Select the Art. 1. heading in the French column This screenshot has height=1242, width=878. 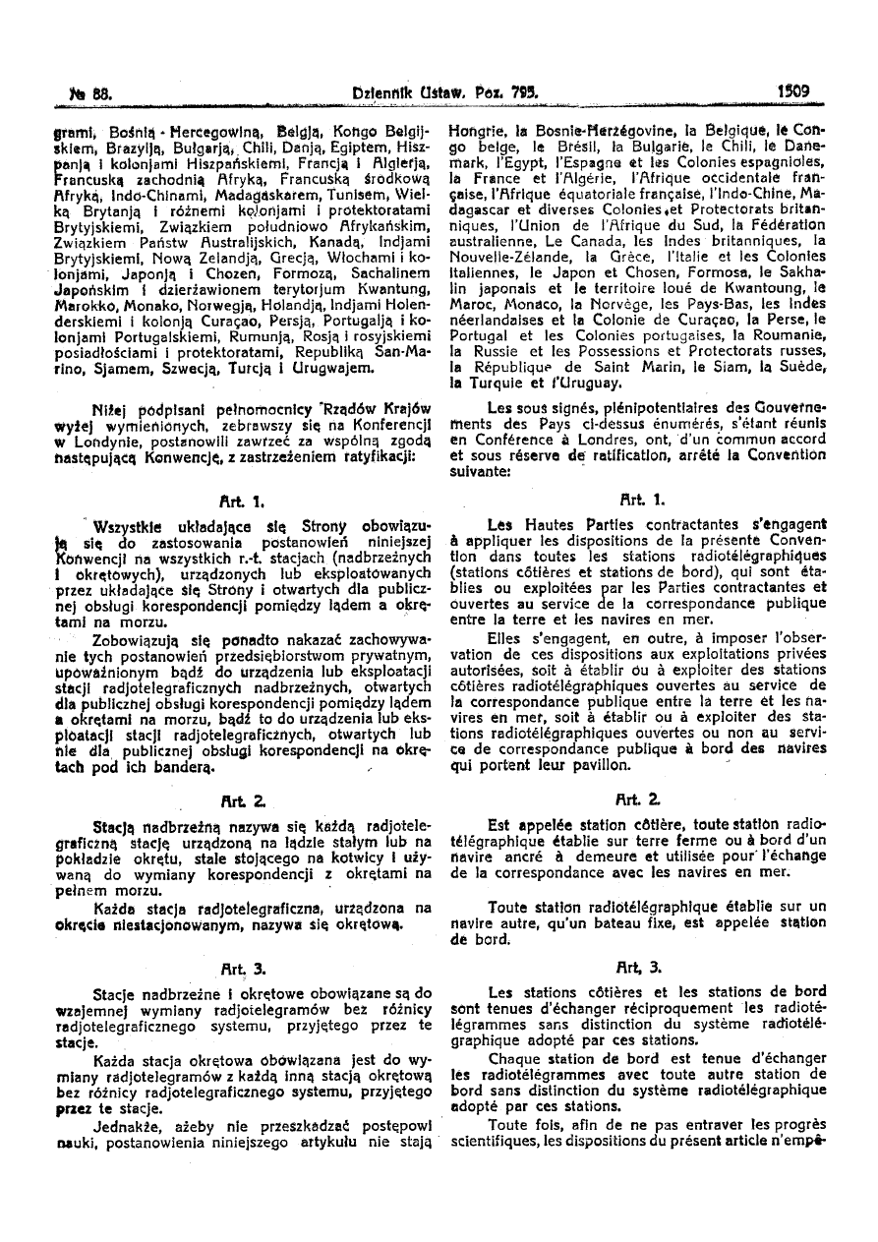tap(650, 500)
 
